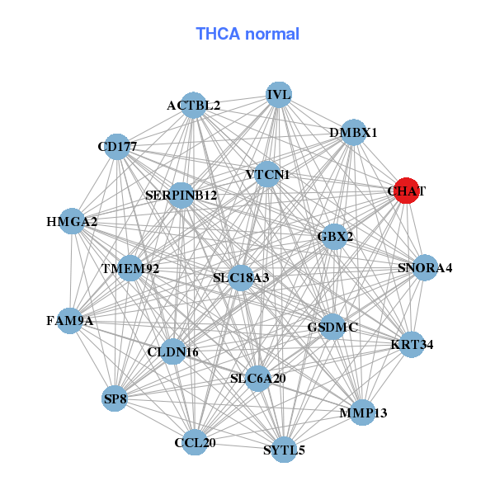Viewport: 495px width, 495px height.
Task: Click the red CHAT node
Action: click(407, 191)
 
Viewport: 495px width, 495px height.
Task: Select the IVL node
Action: click(279, 94)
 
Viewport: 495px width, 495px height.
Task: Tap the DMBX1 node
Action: click(353, 133)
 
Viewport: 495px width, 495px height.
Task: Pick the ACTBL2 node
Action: click(193, 105)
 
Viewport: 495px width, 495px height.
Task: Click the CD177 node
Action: click(117, 147)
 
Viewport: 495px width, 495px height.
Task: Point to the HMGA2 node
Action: click(72, 222)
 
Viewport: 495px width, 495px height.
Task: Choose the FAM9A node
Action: click(70, 320)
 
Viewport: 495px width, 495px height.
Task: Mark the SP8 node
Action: click(115, 399)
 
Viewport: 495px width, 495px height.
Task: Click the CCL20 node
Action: click(196, 443)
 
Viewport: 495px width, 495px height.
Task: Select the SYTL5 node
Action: click(284, 450)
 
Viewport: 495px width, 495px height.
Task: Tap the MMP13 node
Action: click(363, 412)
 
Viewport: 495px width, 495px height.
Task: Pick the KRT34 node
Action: click(412, 343)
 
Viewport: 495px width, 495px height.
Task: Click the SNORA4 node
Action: click(425, 267)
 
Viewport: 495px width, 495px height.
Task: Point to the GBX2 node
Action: click(335, 237)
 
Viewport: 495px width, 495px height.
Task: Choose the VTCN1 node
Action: click(267, 175)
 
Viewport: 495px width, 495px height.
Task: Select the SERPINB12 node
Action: click(181, 196)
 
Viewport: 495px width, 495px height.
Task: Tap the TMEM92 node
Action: click(130, 269)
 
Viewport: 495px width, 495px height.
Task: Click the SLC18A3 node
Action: click(241, 278)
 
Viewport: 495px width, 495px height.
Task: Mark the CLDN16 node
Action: click(173, 352)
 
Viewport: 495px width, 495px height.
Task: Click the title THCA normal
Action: click(247, 34)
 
